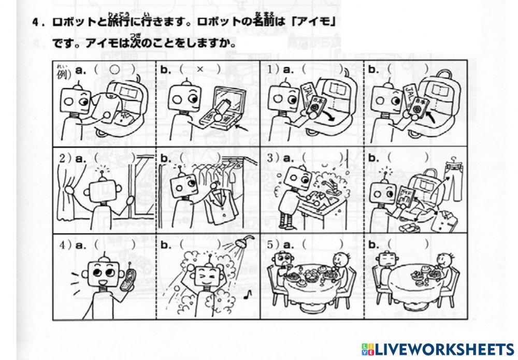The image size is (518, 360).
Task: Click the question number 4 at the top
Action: pos(34,23)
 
